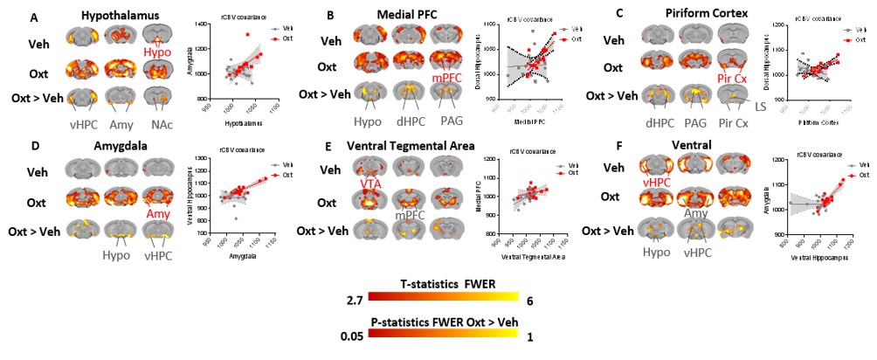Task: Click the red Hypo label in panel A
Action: pyautogui.click(x=158, y=52)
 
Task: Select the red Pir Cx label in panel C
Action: pyautogui.click(x=732, y=79)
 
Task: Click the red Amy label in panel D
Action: pyautogui.click(x=158, y=213)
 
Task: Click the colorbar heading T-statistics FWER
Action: pyautogui.click(x=432, y=286)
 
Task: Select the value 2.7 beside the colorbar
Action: pyautogui.click(x=355, y=301)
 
